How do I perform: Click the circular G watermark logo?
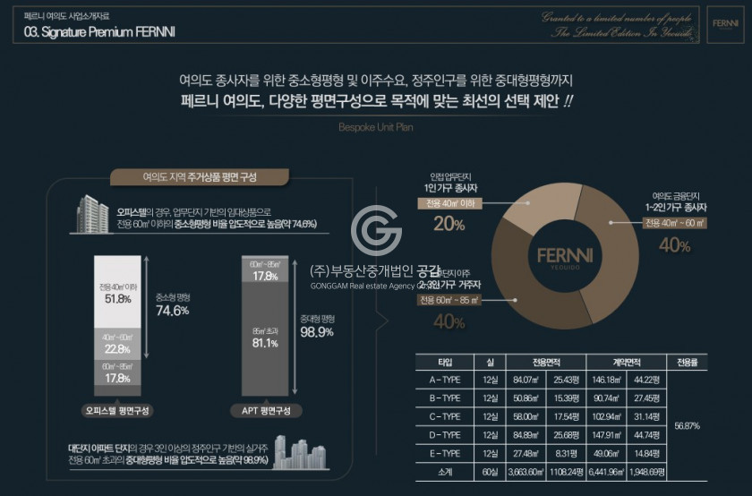click(376, 232)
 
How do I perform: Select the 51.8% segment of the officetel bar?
click(116, 292)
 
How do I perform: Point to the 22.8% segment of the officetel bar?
click(116, 344)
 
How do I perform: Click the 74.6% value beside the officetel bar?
click(172, 310)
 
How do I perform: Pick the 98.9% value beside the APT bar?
click(317, 331)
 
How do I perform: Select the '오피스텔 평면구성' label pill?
click(116, 410)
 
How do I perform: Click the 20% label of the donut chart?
click(449, 224)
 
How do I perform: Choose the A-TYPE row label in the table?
click(445, 380)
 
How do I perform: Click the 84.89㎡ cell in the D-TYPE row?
click(525, 435)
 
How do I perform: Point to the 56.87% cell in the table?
click(687, 425)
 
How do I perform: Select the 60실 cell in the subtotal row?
click(490, 472)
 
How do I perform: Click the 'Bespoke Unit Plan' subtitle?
click(375, 127)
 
